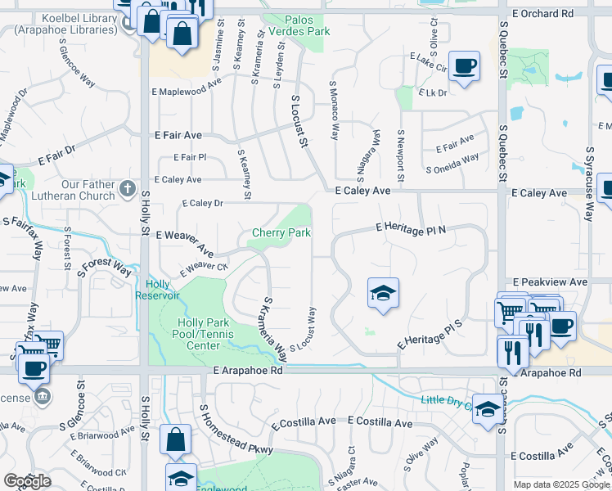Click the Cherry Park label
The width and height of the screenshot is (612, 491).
[x=281, y=233]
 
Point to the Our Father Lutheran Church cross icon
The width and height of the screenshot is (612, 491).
[x=127, y=190]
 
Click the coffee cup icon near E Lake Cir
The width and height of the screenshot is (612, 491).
[x=464, y=65]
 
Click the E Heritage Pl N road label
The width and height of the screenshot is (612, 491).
[x=412, y=227]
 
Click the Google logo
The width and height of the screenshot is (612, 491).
[x=28, y=481]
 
